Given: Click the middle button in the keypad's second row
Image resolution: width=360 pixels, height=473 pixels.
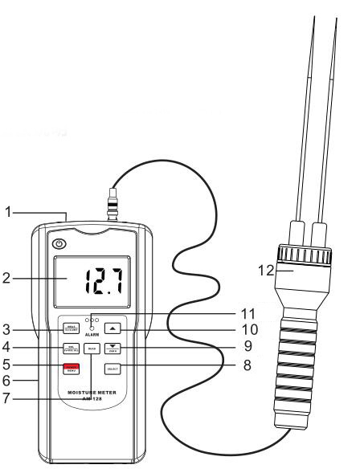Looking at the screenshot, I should point(92,349).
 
